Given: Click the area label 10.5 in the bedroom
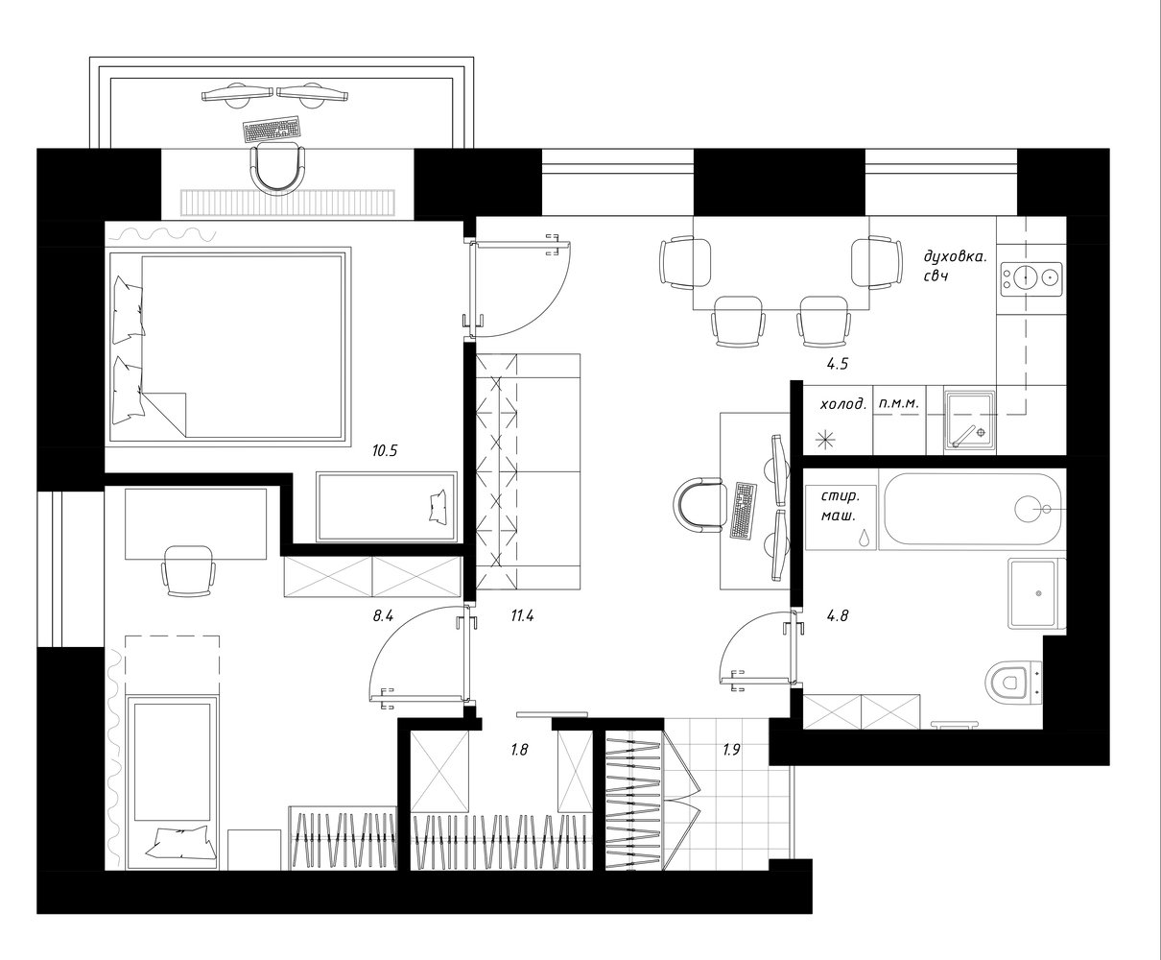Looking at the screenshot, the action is pyautogui.click(x=384, y=450).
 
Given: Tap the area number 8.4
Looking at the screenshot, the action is pyautogui.click(x=383, y=615).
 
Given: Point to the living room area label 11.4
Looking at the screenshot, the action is pyautogui.click(x=522, y=615).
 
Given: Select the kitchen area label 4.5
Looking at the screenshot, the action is pyautogui.click(x=837, y=364).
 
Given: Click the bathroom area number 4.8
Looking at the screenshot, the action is pyautogui.click(x=838, y=615).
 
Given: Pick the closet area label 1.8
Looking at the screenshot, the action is pyautogui.click(x=519, y=750).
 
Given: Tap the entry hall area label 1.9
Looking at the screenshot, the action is pyautogui.click(x=731, y=750).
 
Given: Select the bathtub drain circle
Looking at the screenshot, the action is pyautogui.click(x=1027, y=509).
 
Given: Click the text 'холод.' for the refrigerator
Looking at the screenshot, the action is pyautogui.click(x=843, y=404).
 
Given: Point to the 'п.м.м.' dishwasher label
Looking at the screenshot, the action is pyautogui.click(x=898, y=403).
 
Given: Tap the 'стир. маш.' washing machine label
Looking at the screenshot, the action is pyautogui.click(x=841, y=505).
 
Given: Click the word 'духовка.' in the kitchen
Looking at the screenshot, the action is pyautogui.click(x=955, y=256).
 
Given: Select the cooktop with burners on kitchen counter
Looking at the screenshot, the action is pyautogui.click(x=1031, y=279).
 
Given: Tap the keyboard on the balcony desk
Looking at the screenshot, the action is pyautogui.click(x=272, y=129).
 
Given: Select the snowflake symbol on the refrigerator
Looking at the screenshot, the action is pyautogui.click(x=825, y=441).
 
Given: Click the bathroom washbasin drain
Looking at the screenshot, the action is pyautogui.click(x=1038, y=594).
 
